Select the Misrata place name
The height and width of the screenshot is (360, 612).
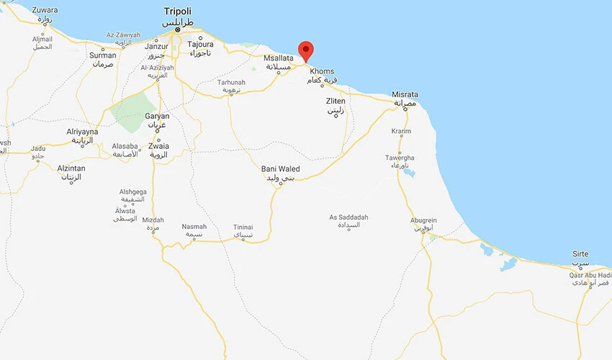tap(405, 94)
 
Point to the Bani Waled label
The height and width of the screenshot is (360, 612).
tap(280, 169)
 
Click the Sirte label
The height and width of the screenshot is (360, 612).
tap(580, 254)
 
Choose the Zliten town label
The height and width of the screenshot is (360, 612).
tap(336, 102)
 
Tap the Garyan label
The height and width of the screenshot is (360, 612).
tap(157, 116)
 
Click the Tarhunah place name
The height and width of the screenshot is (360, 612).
tap(231, 82)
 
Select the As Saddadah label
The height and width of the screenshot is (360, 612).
tap(348, 217)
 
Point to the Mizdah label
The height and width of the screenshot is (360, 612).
tap(153, 220)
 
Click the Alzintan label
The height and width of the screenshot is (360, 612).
tap(71, 168)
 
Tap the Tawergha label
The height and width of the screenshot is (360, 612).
tap(400, 157)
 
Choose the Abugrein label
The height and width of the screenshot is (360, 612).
tap(423, 221)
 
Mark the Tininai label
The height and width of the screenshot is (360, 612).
tap(243, 228)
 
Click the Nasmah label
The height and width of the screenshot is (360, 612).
tap(194, 226)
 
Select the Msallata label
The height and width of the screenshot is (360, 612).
tap(278, 58)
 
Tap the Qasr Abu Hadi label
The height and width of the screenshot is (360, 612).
tap(590, 275)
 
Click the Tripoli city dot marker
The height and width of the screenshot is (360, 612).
tap(177, 30)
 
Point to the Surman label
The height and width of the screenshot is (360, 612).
tap(102, 55)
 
